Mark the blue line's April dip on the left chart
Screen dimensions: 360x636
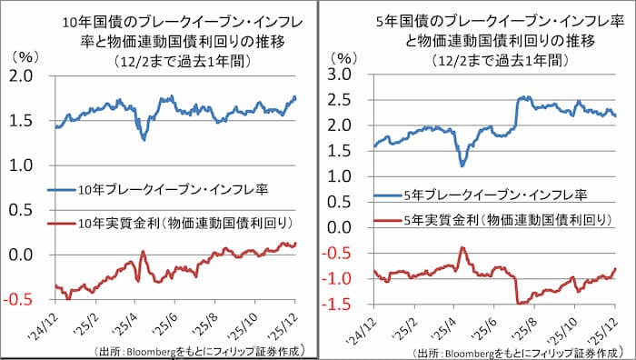click(144, 137)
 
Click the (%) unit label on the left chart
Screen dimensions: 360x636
click(25, 56)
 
